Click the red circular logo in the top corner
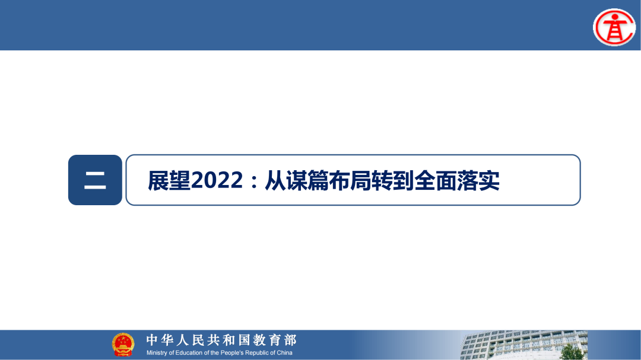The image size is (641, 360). point(614,27)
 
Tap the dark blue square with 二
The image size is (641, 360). point(95,180)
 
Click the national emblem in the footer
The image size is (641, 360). point(123,345)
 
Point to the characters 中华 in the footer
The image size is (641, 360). point(161,340)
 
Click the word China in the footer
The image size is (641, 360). point(284,353)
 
